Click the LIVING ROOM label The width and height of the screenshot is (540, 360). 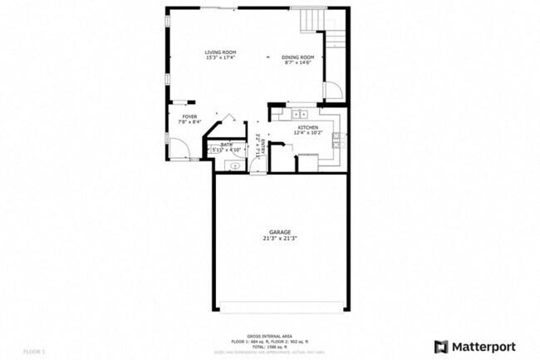click(220, 52)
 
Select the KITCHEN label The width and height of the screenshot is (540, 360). click(307, 126)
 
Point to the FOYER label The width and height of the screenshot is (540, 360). click(190, 116)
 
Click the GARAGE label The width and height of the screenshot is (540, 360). click(279, 232)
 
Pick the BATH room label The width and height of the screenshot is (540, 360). click(226, 144)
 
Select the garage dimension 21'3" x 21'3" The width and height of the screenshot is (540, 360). click(279, 239)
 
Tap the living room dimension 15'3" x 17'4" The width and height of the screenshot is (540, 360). click(220, 58)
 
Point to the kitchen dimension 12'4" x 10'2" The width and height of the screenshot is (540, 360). click(307, 132)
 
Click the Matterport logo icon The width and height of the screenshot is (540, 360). click(441, 346)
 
